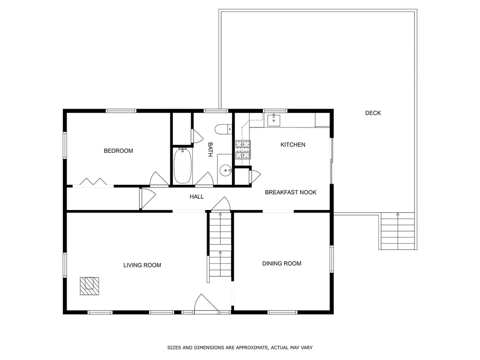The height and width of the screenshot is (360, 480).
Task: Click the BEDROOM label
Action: (x=118, y=151)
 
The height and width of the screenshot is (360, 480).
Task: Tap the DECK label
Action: (x=373, y=113)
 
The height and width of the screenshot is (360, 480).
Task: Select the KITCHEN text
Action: (x=292, y=145)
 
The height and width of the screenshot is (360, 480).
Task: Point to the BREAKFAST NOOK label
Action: (x=291, y=192)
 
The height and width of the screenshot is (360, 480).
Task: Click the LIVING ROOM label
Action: (x=142, y=265)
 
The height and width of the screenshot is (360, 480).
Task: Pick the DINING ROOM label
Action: (x=281, y=263)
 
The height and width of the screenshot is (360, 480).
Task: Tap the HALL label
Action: (x=196, y=197)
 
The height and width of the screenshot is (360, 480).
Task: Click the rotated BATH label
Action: (x=210, y=149)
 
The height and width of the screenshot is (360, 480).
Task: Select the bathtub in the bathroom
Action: (x=182, y=166)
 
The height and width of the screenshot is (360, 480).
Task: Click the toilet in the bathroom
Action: (x=223, y=129)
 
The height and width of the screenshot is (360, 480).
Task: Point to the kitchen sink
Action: (x=274, y=120)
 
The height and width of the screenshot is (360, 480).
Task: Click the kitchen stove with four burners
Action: (x=242, y=150)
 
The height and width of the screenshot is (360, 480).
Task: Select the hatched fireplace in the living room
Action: (x=89, y=285)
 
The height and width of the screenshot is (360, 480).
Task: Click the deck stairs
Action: (x=397, y=232)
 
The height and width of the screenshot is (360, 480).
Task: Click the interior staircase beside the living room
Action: (x=220, y=247)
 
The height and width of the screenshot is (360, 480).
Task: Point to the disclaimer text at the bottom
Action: (x=240, y=348)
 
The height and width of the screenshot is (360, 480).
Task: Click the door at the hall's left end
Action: (x=147, y=198)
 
